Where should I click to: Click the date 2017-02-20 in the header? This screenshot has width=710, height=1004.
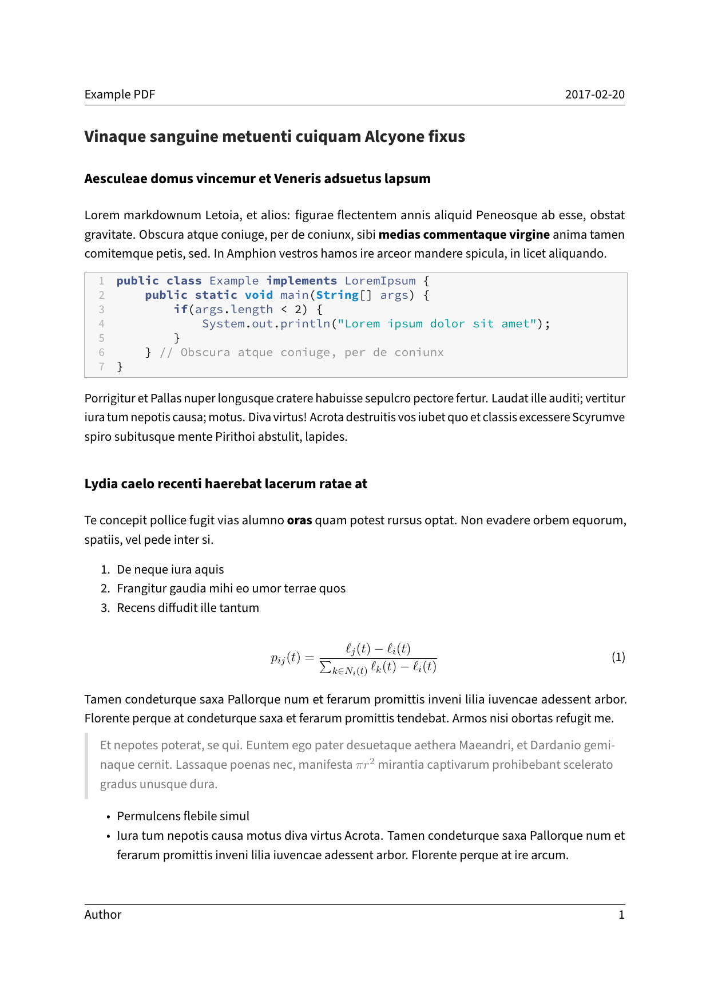pos(594,94)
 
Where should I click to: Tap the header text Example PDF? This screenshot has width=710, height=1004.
pos(120,94)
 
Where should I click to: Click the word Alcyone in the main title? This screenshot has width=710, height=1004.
pos(391,137)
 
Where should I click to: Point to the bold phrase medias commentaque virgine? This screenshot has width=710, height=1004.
pos(464,235)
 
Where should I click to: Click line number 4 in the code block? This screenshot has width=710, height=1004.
pos(102,324)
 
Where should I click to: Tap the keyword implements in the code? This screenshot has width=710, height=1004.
pos(302,281)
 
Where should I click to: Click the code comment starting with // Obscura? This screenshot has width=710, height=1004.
pos(302,353)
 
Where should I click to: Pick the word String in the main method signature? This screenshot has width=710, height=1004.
pos(337,295)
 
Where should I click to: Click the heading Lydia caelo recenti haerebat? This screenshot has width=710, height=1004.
pos(225,484)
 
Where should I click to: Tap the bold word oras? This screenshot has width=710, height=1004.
pos(299,520)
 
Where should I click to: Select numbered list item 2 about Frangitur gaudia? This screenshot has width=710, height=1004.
pos(231,588)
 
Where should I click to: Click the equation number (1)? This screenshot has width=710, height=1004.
pos(618,657)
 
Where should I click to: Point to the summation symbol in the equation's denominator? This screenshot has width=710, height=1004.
pos(326,667)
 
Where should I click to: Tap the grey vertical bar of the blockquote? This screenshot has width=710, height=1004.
pos(86,765)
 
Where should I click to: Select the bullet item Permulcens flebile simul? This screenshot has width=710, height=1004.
pos(183,816)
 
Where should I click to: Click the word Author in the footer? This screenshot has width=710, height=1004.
pos(103,915)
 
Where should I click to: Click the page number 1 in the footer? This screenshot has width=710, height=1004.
pos(621,915)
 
